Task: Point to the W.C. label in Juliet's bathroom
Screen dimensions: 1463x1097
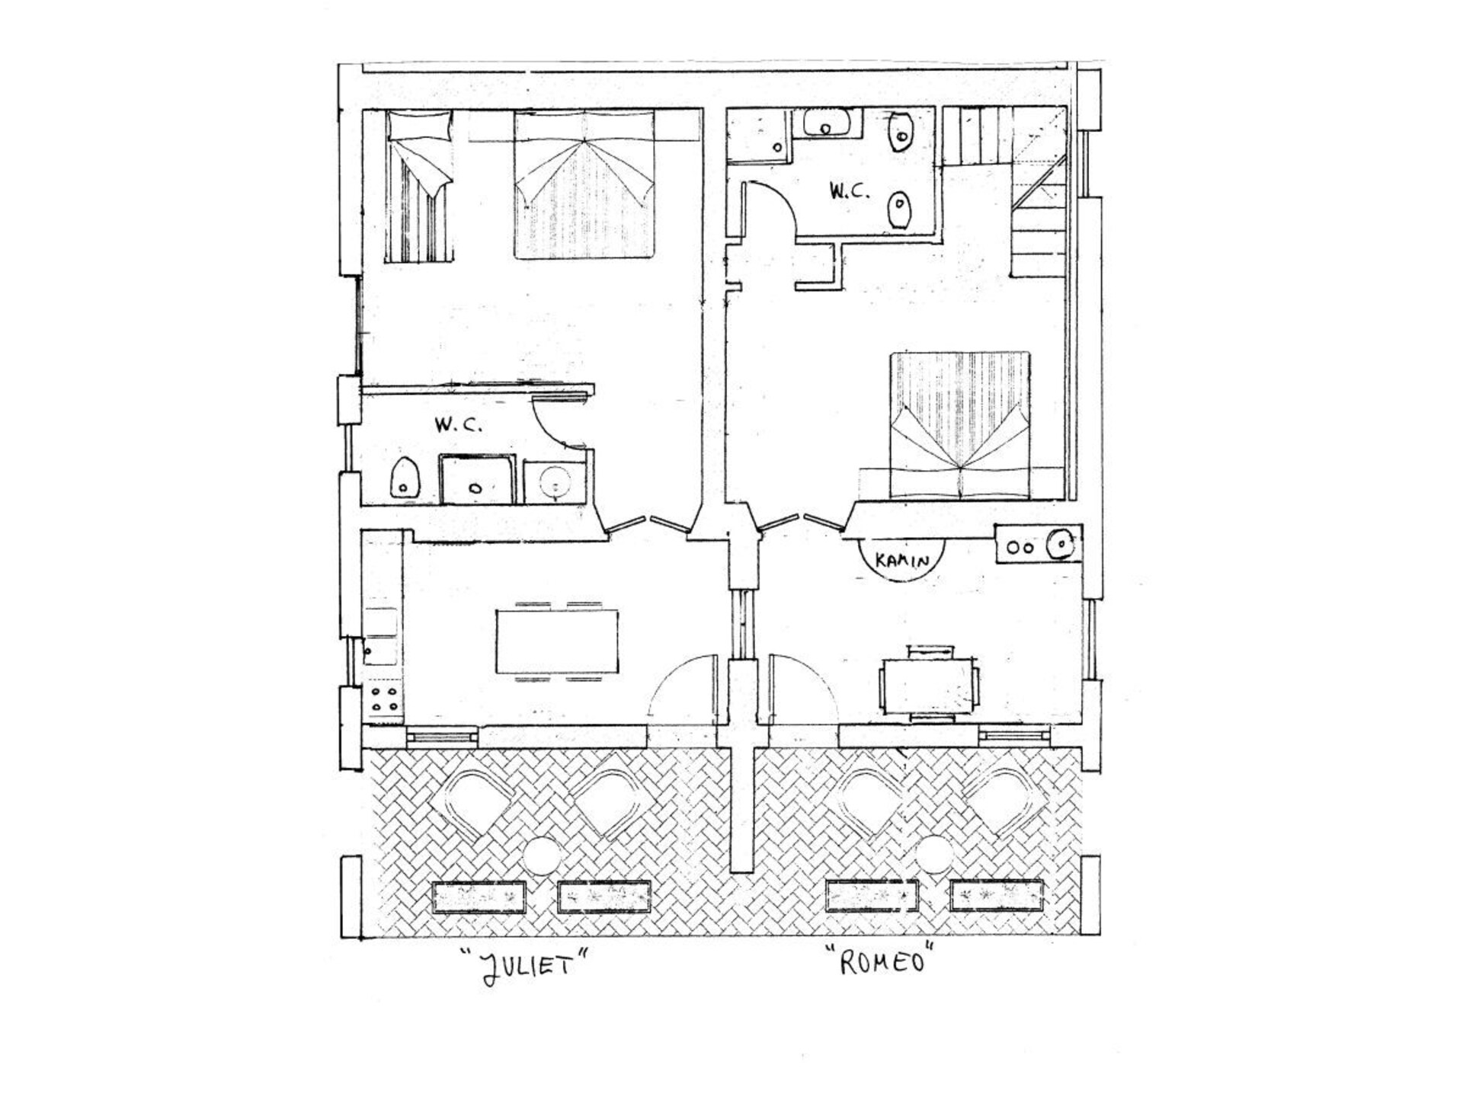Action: pos(458,425)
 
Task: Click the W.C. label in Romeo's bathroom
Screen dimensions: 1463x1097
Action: pos(850,190)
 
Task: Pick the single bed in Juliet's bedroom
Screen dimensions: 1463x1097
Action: pos(419,186)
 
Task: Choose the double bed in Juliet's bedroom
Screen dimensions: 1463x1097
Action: pos(584,184)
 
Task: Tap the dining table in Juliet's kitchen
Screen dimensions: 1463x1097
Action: pos(557,641)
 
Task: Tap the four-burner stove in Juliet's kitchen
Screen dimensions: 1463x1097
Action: pos(384,699)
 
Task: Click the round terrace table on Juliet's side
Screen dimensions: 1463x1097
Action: pos(543,855)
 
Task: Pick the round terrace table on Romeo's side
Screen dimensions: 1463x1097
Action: pos(934,853)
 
